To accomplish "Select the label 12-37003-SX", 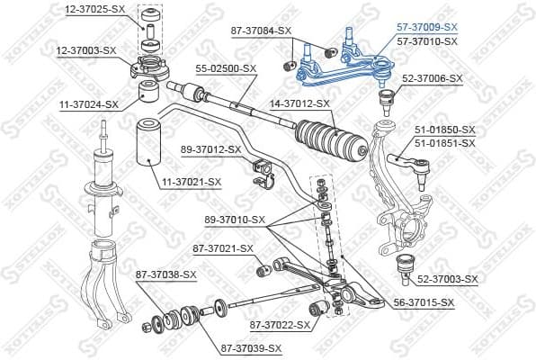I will coord(87,50).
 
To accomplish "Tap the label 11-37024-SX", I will coord(87,104).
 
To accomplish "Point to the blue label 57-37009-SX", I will coord(426,28).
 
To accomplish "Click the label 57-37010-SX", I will coord(426,41).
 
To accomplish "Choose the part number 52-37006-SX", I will coord(433,78).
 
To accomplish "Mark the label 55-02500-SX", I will coord(227,67).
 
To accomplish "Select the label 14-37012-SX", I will coord(300,103).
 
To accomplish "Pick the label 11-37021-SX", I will coord(191,183).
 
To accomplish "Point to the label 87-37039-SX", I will coord(252,348).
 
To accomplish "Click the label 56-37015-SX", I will coord(424,303).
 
